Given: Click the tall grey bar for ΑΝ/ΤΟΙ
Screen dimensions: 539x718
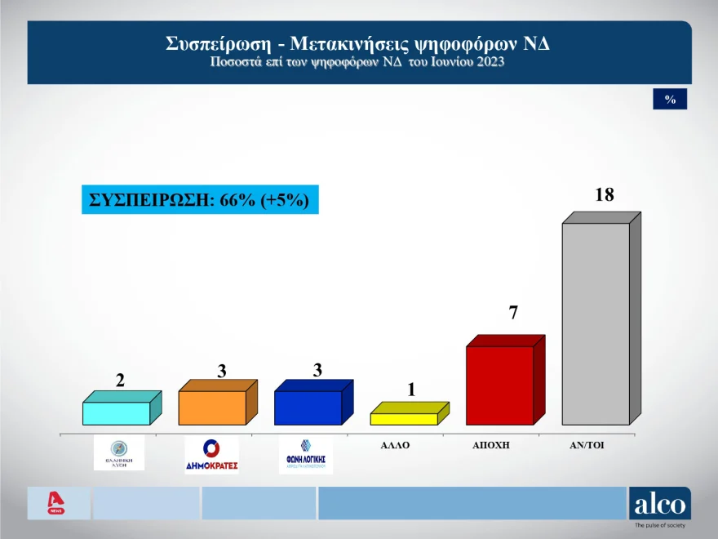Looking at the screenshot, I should point(596,323).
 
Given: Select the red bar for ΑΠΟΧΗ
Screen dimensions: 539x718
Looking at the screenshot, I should point(499,384).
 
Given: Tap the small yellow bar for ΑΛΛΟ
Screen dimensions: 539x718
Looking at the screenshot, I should point(403,418).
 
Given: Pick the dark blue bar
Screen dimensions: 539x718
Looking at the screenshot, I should point(308,407).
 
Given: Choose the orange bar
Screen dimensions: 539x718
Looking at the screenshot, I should point(211,407).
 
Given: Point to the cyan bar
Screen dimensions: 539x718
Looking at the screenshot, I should point(116,412).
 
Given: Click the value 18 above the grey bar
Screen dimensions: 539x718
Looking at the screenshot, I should point(604,195).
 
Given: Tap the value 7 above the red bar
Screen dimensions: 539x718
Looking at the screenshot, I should point(513,312).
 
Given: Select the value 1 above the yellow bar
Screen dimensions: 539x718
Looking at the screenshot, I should point(411,390).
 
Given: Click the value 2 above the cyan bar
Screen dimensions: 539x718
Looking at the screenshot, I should point(120,380).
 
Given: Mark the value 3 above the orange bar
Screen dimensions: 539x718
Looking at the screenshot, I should point(221,370).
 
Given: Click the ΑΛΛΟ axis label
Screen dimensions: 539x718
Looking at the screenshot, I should point(394,447).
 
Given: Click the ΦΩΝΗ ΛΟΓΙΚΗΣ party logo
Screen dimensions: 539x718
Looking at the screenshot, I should point(306,454).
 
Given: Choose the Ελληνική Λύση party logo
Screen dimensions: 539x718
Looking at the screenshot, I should point(119,452).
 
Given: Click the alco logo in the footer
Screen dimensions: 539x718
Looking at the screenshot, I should point(659,505).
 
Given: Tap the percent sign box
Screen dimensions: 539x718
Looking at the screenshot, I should point(670,99).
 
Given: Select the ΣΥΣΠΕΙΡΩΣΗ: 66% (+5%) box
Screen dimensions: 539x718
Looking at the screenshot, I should point(200,199).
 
